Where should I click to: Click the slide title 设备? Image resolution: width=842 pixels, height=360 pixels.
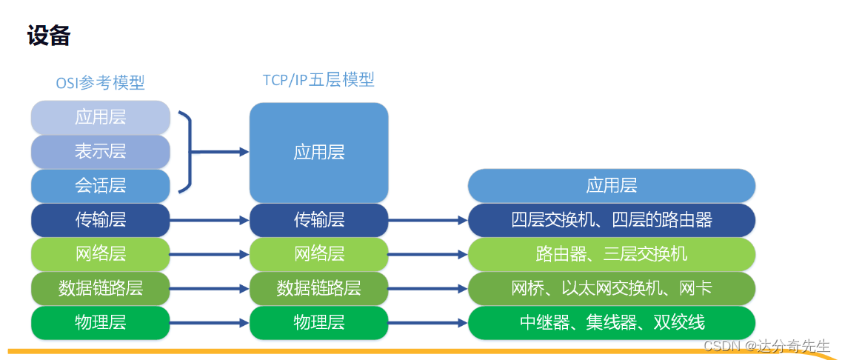(x=48, y=36)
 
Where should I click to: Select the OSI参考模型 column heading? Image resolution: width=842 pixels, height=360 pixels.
(x=100, y=82)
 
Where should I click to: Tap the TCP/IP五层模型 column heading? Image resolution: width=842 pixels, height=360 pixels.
(x=318, y=79)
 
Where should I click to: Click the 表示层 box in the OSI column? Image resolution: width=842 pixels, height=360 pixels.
(x=101, y=151)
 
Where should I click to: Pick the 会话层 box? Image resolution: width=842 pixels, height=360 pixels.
(x=101, y=185)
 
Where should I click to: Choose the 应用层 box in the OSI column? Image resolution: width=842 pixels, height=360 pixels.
(x=101, y=117)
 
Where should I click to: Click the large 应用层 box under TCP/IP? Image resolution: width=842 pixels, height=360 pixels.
(x=318, y=153)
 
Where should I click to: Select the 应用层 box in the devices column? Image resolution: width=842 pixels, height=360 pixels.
(x=611, y=185)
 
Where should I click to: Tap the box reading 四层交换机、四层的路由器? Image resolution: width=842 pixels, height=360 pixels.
(x=611, y=220)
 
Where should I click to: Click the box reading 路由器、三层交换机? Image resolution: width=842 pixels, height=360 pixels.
(x=611, y=254)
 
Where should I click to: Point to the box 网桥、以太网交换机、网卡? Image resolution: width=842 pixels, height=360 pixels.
(x=611, y=288)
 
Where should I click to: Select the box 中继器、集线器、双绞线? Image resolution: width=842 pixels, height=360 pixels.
(x=611, y=322)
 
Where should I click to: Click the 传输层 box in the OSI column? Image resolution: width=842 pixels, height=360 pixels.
(x=101, y=220)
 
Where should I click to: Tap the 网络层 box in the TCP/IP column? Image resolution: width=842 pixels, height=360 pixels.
(x=318, y=254)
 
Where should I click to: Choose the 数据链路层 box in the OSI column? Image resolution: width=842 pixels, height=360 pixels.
(x=101, y=288)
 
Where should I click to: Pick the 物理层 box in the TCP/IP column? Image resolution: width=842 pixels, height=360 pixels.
(x=318, y=322)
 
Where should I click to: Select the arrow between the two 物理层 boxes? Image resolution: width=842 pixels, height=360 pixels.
(x=210, y=323)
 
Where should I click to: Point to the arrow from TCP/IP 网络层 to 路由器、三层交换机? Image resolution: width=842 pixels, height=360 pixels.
(x=427, y=255)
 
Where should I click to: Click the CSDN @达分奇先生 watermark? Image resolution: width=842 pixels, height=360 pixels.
(x=766, y=346)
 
